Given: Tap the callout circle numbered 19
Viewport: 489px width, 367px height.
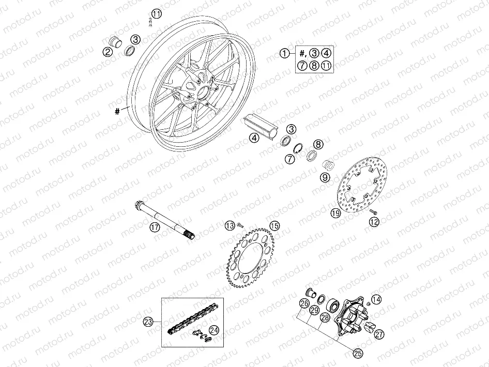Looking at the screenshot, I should [x=335, y=212].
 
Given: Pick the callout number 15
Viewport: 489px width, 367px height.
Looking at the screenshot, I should [x=274, y=225].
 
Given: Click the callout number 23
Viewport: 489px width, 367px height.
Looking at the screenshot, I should [x=149, y=322].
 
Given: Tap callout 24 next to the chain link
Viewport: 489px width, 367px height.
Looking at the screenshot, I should [x=213, y=329].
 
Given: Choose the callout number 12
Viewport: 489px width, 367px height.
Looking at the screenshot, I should [x=374, y=222].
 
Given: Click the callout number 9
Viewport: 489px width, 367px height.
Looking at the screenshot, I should [x=325, y=177].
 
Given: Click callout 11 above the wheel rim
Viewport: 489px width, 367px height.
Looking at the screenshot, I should [x=157, y=13].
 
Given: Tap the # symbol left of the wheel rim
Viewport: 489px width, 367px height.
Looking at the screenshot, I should [x=118, y=110].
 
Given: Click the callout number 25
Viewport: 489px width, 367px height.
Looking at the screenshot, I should [x=357, y=353].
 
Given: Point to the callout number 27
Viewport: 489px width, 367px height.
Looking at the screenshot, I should [x=379, y=334].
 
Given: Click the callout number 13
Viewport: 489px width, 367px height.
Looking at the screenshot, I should [x=228, y=225].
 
